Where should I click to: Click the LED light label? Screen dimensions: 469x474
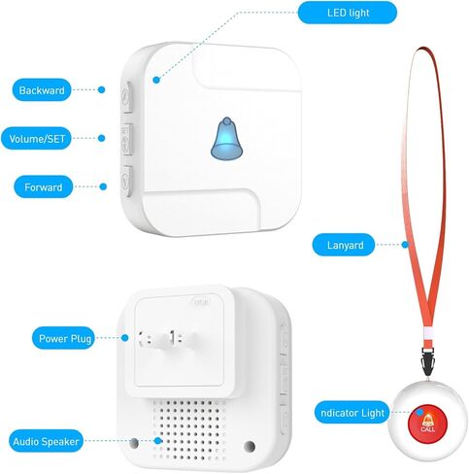click(348, 13)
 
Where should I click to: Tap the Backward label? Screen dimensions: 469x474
click(42, 90)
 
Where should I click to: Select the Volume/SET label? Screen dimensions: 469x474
click(36, 139)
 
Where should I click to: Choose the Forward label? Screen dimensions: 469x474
click(43, 186)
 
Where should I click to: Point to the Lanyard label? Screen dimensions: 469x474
click(344, 245)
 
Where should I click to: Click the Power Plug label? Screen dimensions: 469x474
click(63, 338)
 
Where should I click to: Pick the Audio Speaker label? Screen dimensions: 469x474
click(46, 441)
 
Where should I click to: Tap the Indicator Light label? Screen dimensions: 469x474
click(352, 413)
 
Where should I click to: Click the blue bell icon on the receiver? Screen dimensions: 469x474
click(226, 139)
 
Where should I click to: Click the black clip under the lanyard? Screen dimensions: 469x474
click(426, 361)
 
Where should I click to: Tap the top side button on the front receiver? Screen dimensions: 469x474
click(126, 97)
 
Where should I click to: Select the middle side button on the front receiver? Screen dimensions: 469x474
click(126, 140)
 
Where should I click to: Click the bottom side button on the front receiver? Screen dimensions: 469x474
click(126, 181)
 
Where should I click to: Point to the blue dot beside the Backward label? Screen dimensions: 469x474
click(102, 89)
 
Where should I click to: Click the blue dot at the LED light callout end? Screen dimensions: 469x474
click(156, 80)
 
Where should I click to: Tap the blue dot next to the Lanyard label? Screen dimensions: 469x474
click(405, 245)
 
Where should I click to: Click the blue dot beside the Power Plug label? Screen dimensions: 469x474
click(125, 338)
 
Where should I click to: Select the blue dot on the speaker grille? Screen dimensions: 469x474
click(158, 440)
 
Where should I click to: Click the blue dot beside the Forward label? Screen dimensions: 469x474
click(103, 186)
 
